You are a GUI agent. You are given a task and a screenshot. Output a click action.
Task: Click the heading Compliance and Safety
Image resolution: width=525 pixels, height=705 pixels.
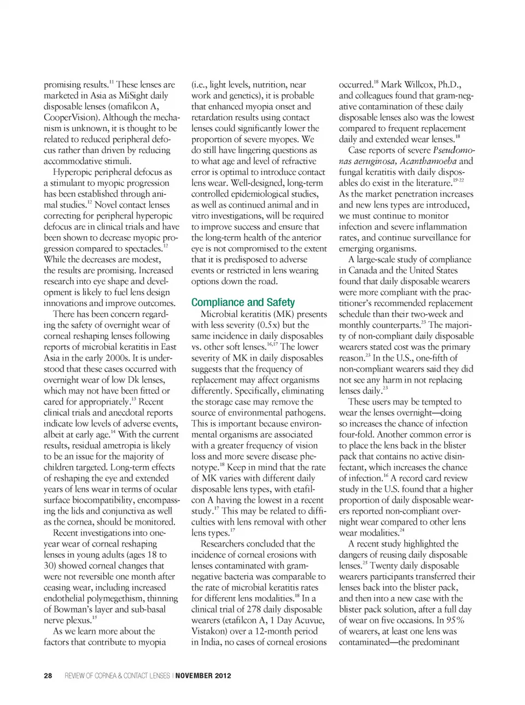(x=243, y=302)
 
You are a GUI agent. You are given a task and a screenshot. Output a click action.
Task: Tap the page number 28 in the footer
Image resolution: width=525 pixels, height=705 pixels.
(x=48, y=675)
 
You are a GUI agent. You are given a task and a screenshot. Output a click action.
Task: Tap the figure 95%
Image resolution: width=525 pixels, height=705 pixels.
(x=453, y=620)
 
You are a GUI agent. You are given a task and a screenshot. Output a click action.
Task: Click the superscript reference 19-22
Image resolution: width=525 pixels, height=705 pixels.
(x=458, y=180)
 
